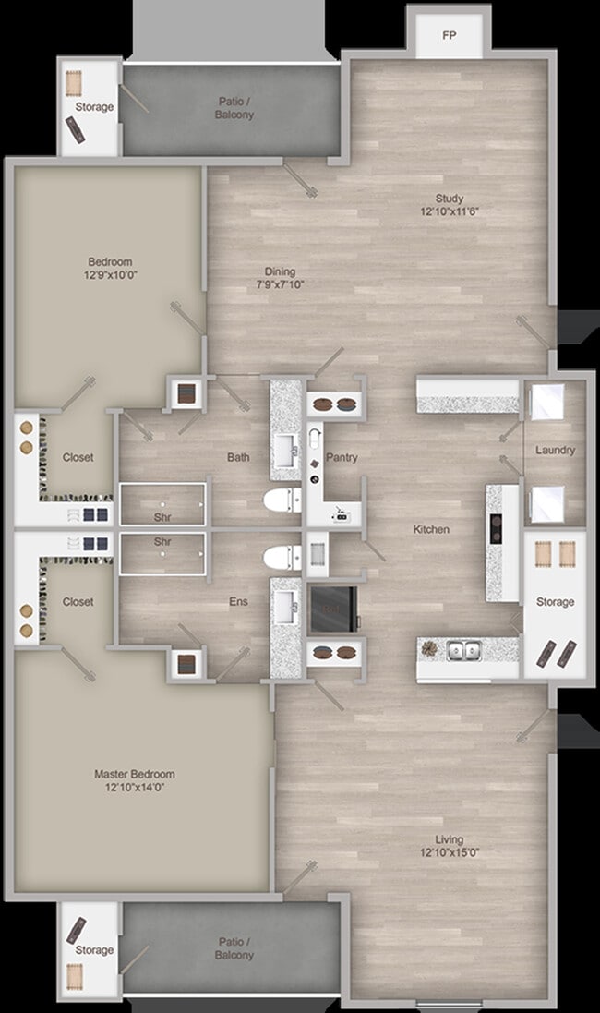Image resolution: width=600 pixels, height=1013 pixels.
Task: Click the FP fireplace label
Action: pyautogui.click(x=449, y=36)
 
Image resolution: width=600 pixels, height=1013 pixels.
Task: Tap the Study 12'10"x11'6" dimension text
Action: pyautogui.click(x=450, y=211)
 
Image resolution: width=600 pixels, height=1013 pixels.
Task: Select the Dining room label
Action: pyautogui.click(x=280, y=271)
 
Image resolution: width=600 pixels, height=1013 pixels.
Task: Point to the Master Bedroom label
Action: pyautogui.click(x=135, y=774)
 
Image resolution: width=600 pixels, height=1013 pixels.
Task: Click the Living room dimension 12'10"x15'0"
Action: pyautogui.click(x=449, y=852)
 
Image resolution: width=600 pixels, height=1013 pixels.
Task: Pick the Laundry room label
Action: pyautogui.click(x=555, y=450)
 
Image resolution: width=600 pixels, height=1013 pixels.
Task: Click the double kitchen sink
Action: pyautogui.click(x=463, y=650)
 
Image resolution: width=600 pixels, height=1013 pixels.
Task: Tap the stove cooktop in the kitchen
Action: pyautogui.click(x=495, y=530)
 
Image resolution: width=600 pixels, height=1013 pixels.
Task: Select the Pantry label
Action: pyautogui.click(x=342, y=457)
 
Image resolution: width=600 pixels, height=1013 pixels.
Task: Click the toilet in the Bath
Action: pyautogui.click(x=281, y=501)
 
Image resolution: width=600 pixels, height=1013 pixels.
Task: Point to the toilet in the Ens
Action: pyautogui.click(x=281, y=558)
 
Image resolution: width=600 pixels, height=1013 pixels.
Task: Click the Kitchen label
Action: pyautogui.click(x=431, y=529)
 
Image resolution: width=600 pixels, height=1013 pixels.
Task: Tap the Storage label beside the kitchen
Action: pyautogui.click(x=555, y=602)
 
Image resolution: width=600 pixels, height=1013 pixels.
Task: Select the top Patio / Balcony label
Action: pyautogui.click(x=235, y=108)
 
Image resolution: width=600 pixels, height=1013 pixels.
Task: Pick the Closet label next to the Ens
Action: pyautogui.click(x=78, y=601)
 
